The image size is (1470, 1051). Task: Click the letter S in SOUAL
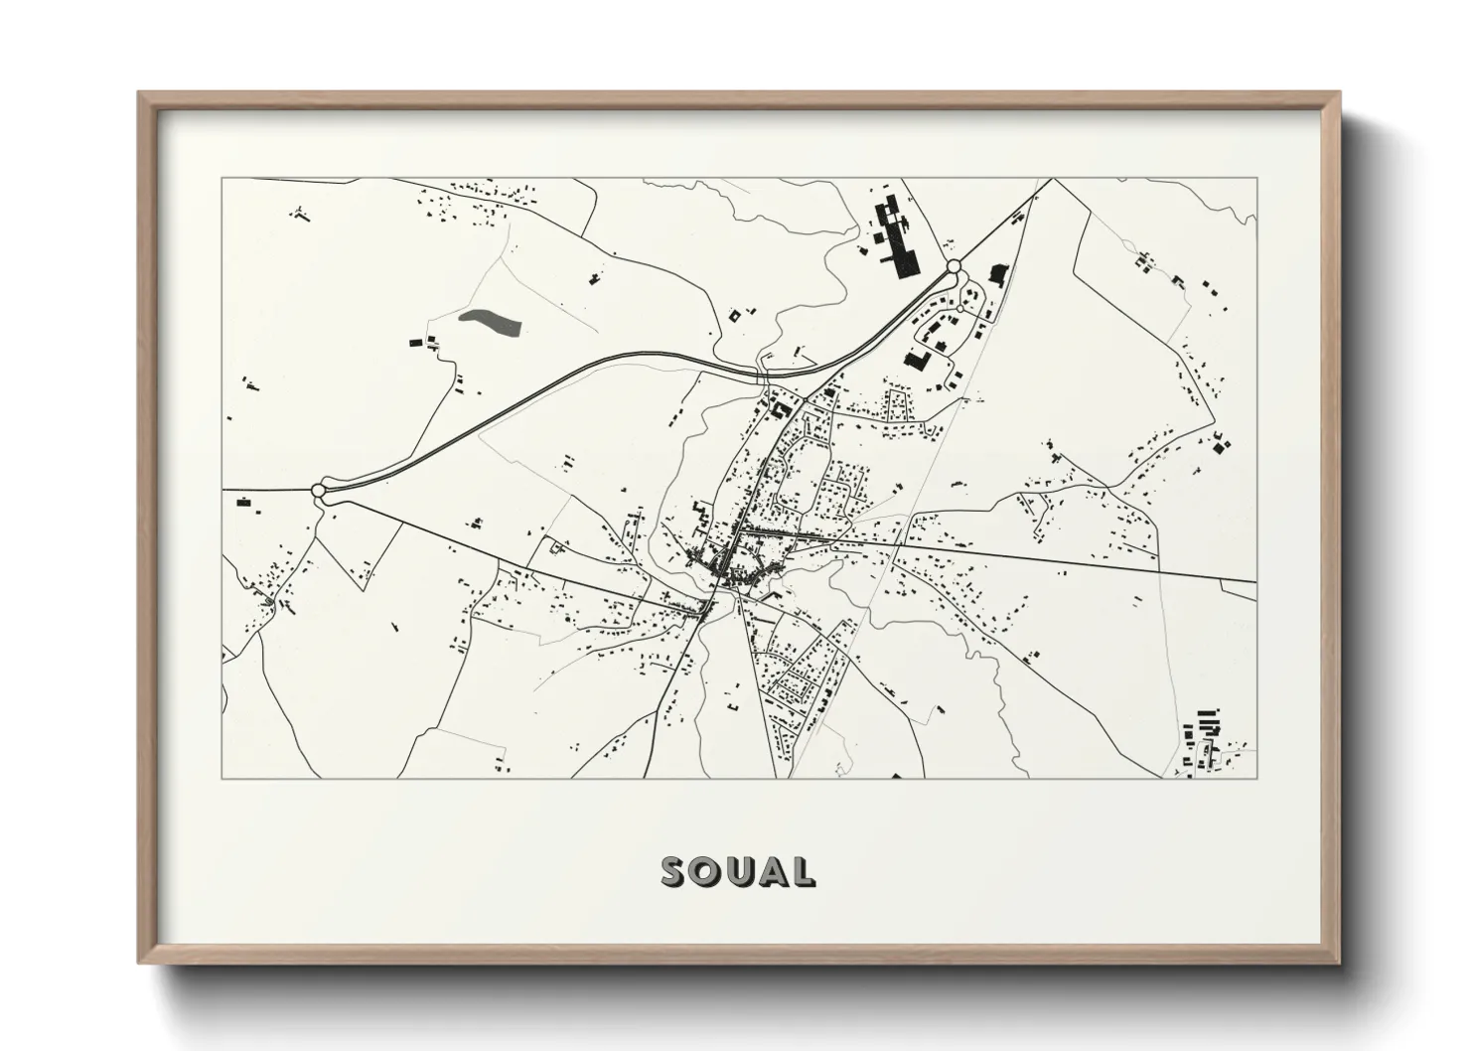tap(676, 871)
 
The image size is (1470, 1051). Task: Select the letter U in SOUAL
tap(740, 871)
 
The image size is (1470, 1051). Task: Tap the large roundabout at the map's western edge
tap(319, 490)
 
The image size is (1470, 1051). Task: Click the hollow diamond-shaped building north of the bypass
tap(736, 316)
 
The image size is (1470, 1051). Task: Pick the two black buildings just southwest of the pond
tap(423, 342)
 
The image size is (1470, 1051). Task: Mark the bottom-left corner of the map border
tap(222, 778)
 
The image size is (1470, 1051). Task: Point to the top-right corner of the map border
tap(1256, 179)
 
